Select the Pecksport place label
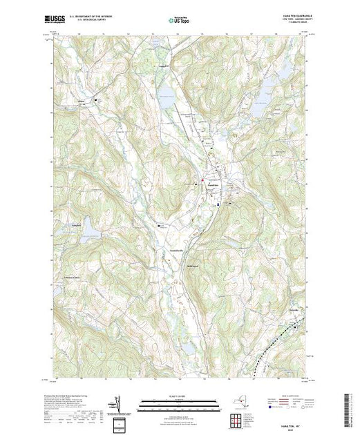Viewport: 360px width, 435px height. (164, 66)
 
